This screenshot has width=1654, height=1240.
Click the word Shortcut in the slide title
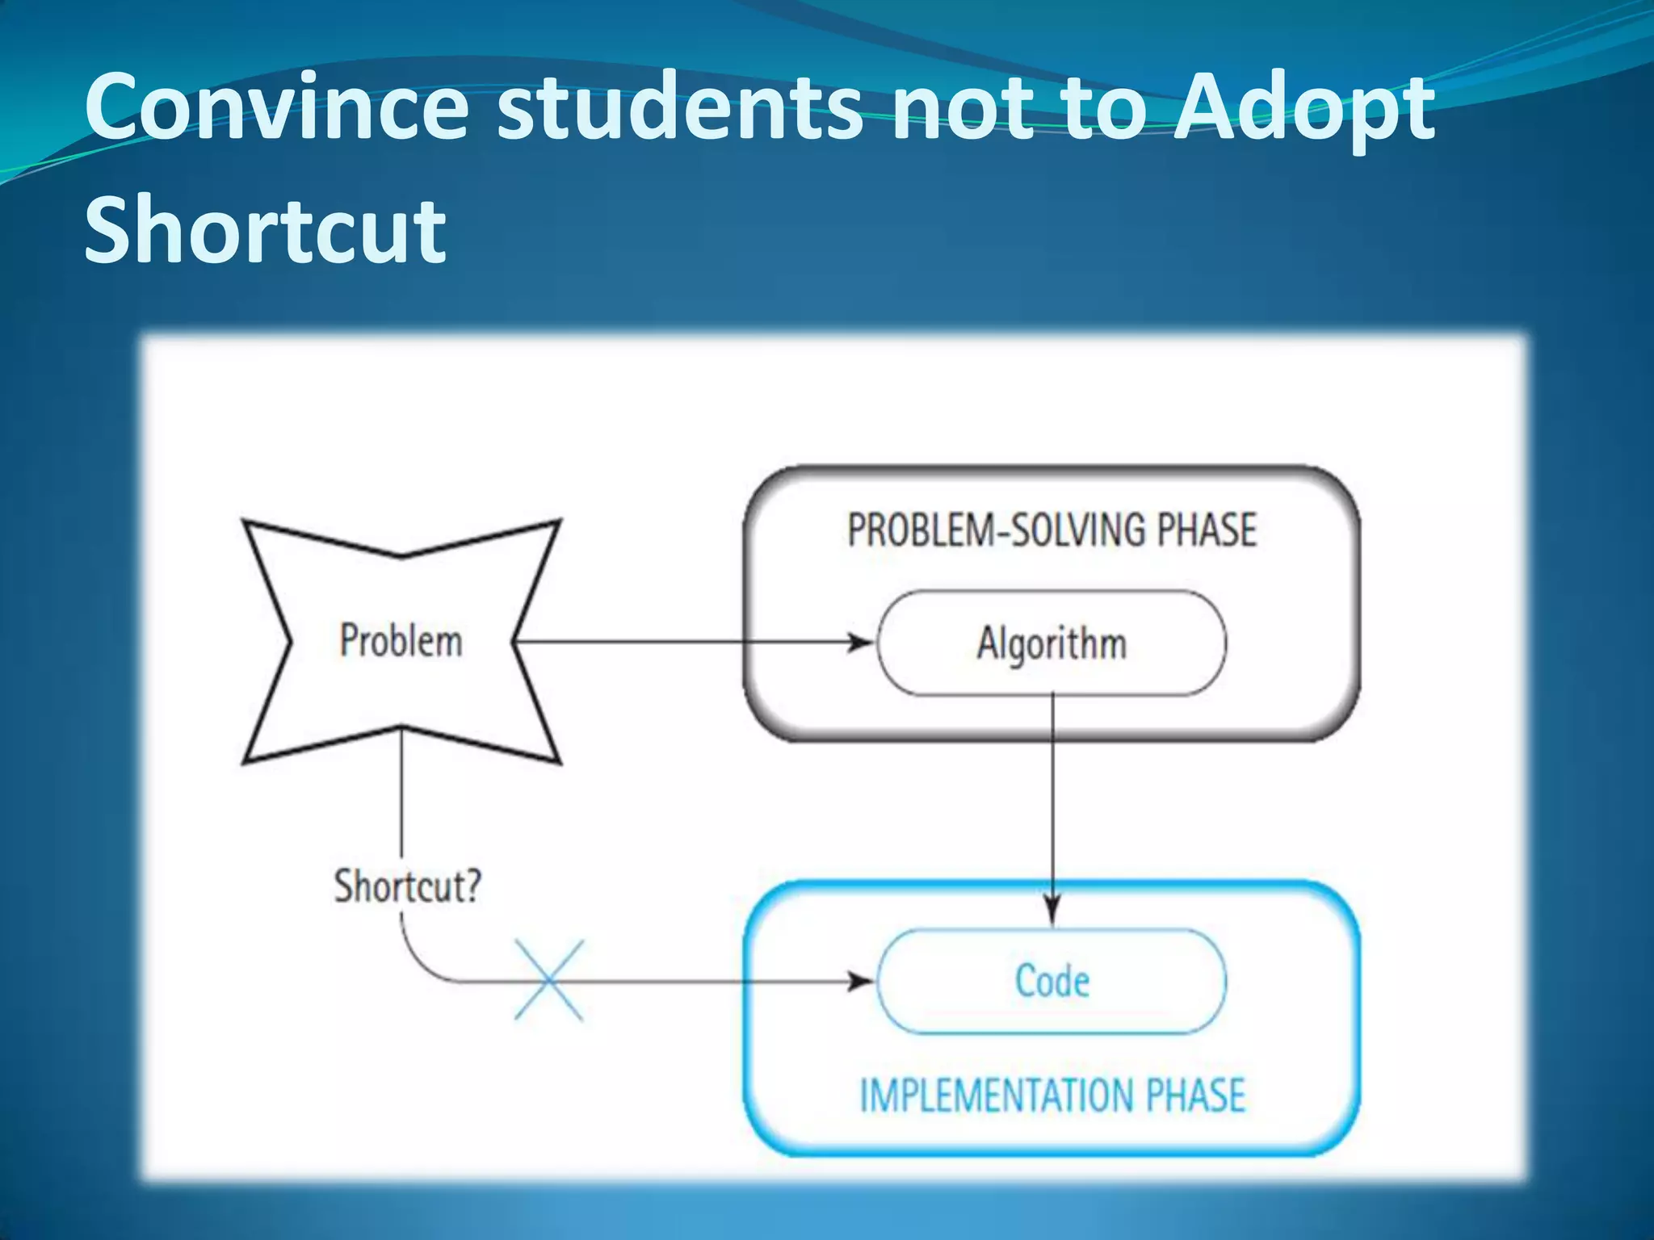click(x=265, y=229)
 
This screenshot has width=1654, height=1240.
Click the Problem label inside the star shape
click(x=401, y=641)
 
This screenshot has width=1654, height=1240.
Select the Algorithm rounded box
click(x=1052, y=643)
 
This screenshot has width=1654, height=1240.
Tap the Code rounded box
click(x=1052, y=982)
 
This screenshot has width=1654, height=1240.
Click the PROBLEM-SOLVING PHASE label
click(x=1052, y=530)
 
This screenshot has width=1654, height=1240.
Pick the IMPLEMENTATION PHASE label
click(x=1052, y=1095)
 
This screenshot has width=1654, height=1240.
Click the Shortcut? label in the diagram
click(x=408, y=886)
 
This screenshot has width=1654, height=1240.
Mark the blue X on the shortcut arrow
click(x=549, y=981)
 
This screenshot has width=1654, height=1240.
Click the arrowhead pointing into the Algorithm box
click(x=863, y=643)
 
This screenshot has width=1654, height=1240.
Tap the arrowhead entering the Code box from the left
click(x=863, y=982)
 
